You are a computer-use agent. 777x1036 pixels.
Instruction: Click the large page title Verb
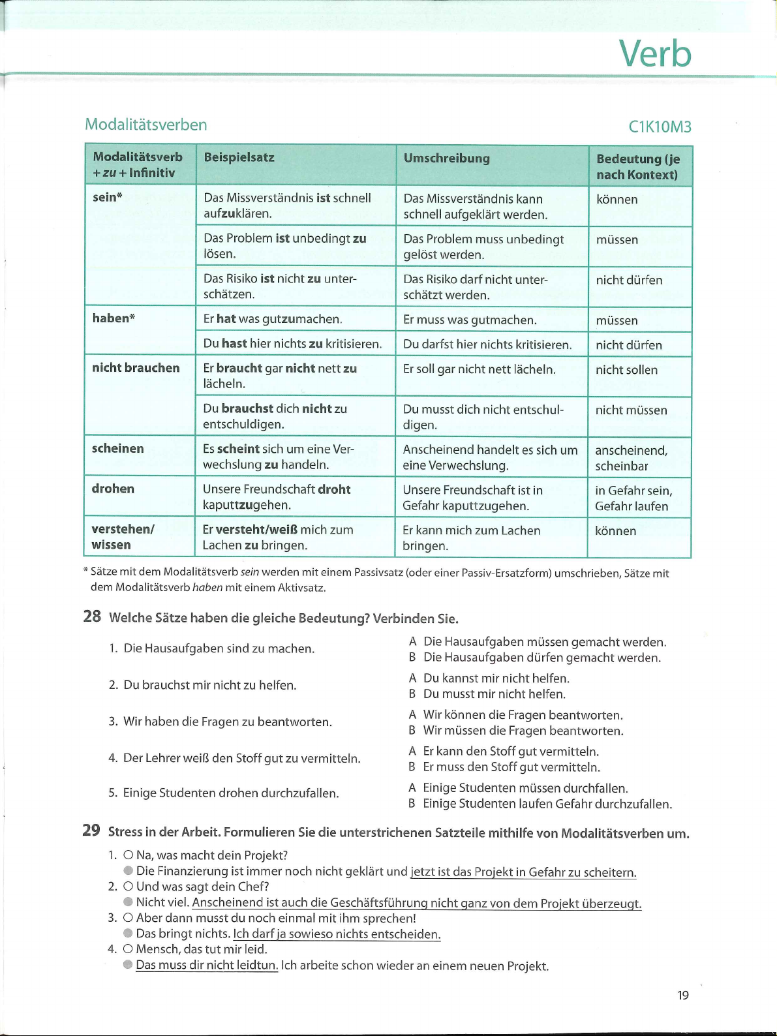click(x=654, y=53)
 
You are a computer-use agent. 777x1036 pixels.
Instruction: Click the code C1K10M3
click(x=659, y=127)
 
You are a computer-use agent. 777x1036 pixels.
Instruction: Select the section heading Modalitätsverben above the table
click(x=146, y=125)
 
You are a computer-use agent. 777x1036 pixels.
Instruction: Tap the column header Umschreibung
click(x=446, y=158)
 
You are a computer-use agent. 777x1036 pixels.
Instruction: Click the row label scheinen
click(x=118, y=448)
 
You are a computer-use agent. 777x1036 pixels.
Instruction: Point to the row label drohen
click(x=113, y=489)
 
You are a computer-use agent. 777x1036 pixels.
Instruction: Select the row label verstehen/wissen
click(x=123, y=537)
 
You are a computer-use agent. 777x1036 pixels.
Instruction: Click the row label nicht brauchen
click(x=136, y=368)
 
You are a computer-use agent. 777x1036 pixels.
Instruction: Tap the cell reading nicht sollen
click(x=626, y=370)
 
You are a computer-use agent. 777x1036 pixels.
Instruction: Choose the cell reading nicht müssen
click(x=631, y=410)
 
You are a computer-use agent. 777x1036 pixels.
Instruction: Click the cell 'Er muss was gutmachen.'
click(x=470, y=320)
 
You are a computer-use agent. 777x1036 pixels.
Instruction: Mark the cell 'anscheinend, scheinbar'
click(x=631, y=458)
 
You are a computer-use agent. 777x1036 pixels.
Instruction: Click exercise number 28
click(x=92, y=617)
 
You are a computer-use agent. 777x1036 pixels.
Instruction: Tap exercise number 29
click(x=91, y=830)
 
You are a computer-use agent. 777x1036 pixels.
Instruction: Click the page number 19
click(x=682, y=995)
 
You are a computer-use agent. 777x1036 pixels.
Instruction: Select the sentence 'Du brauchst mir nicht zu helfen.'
click(x=209, y=685)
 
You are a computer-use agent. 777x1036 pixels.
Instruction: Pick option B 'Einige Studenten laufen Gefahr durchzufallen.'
click(x=547, y=804)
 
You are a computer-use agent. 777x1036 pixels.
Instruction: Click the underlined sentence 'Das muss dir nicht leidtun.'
click(x=207, y=965)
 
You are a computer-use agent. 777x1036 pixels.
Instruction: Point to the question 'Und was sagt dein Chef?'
click(x=202, y=887)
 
